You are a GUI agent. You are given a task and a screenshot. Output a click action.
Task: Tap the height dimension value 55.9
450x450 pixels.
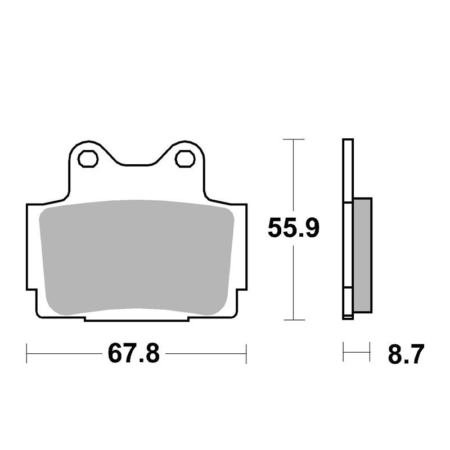tap(294, 228)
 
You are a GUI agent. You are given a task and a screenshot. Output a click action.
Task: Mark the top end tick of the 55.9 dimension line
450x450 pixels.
tap(294, 139)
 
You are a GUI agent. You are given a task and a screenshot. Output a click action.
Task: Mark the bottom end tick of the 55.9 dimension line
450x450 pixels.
tap(294, 320)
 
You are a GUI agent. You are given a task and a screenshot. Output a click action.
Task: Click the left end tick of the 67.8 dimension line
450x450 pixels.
tap(27, 354)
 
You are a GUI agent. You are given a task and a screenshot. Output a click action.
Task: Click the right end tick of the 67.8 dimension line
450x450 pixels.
tap(246, 354)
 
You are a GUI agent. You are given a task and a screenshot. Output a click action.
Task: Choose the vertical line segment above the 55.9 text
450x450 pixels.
tap(294, 174)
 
